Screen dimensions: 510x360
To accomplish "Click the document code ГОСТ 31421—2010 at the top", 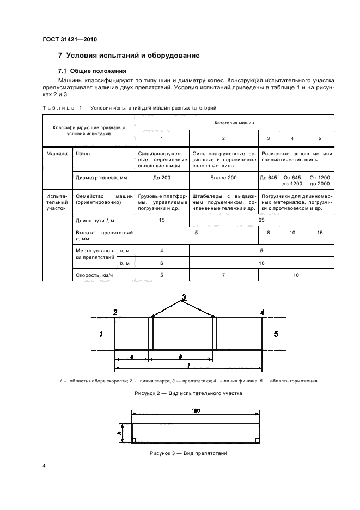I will [x=70, y=39].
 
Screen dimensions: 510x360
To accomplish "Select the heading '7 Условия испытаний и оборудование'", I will [x=129, y=56].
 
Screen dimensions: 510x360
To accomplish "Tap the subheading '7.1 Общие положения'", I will [x=92, y=71].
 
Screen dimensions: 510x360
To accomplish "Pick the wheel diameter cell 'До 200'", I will [x=162, y=178].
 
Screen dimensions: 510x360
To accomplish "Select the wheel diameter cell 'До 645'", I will [x=268, y=178].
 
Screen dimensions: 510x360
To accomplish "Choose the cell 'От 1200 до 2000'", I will [x=320, y=181].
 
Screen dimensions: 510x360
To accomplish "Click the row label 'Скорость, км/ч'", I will [x=96, y=276].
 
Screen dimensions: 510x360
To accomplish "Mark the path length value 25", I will [x=261, y=219].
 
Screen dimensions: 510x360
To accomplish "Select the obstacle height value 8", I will [x=268, y=233].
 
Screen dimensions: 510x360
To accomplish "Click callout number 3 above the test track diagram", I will [x=184, y=297].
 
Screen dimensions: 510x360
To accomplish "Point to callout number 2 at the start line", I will [x=115, y=312].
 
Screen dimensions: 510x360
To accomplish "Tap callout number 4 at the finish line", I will [x=263, y=312].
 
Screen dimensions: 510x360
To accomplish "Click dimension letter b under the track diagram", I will [x=180, y=356].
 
